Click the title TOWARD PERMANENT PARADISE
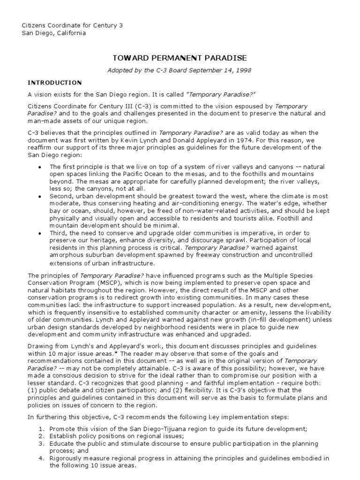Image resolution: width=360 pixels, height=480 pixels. click(x=180, y=58)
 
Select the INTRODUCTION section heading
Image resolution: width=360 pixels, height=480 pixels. click(x=54, y=82)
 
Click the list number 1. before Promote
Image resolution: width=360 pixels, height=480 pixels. click(x=41, y=428)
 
